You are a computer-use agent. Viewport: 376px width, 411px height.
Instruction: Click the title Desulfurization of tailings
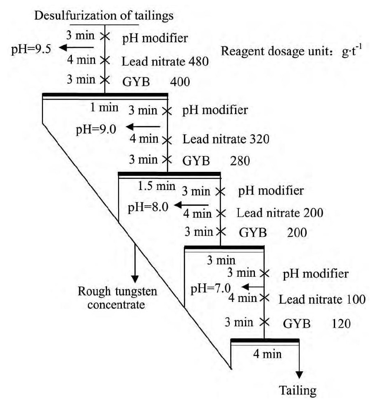tap(104, 16)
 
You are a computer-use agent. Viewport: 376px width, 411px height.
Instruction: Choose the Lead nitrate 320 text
tap(226, 140)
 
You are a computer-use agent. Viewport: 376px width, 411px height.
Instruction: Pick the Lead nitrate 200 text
tap(280, 213)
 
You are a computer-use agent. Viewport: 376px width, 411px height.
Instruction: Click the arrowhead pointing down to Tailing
tap(299, 375)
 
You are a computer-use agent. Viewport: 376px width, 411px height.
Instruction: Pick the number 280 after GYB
tap(240, 160)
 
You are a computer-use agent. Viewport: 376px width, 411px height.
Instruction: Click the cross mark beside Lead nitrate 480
tap(105, 61)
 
